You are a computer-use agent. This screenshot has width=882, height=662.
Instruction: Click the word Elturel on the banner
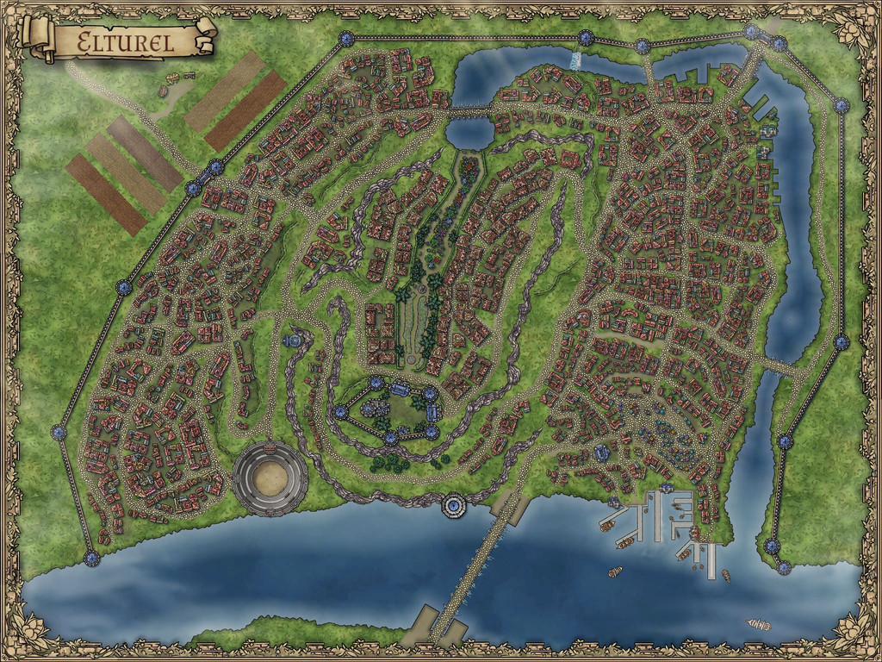click(125, 41)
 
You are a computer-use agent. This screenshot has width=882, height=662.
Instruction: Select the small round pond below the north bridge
click(469, 132)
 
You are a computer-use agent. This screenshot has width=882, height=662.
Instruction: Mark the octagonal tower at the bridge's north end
click(452, 505)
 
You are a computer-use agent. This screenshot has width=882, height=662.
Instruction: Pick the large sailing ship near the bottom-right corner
click(758, 624)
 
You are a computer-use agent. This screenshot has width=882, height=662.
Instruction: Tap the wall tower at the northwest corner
click(346, 38)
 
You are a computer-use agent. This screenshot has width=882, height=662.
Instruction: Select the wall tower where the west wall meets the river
click(92, 559)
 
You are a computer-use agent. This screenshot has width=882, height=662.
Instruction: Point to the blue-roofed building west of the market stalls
click(602, 452)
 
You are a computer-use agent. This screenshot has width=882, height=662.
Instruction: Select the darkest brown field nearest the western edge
click(106, 195)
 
